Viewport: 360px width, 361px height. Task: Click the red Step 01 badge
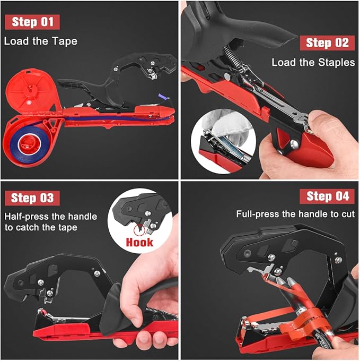point(32,22)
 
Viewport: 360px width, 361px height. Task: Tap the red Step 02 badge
point(327,42)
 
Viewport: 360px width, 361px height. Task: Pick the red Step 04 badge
point(327,196)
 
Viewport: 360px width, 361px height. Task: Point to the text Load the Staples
point(313,63)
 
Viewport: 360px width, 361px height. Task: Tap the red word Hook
point(139,242)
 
